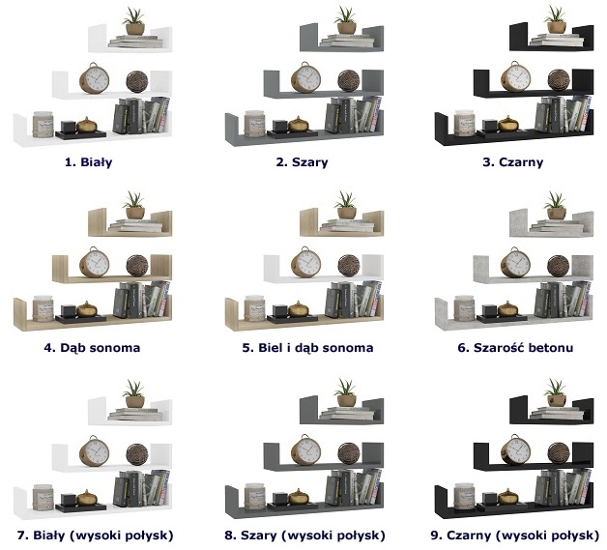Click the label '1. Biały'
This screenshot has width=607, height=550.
[89, 161]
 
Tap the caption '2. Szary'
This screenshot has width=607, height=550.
[302, 161]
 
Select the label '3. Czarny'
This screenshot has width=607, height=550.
[513, 161]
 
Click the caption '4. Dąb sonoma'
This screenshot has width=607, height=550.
[92, 348]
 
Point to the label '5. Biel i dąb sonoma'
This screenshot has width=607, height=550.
[307, 348]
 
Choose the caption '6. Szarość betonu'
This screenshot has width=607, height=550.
[515, 348]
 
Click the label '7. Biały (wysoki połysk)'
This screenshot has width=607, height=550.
[96, 536]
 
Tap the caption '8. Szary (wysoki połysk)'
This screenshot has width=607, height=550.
[305, 536]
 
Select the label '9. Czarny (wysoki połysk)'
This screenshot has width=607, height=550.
[515, 536]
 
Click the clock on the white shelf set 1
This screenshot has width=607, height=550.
[94, 78]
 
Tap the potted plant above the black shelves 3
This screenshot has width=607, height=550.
[556, 19]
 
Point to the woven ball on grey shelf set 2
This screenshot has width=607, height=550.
[349, 81]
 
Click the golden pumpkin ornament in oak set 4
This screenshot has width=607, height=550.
[87, 309]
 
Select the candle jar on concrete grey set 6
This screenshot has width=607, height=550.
[465, 308]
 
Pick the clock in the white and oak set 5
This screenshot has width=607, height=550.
[305, 262]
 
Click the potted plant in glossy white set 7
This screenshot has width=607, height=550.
[134, 394]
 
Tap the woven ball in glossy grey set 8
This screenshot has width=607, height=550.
[349, 453]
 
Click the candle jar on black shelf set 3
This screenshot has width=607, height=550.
[465, 123]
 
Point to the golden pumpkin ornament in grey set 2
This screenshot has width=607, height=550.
[299, 125]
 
